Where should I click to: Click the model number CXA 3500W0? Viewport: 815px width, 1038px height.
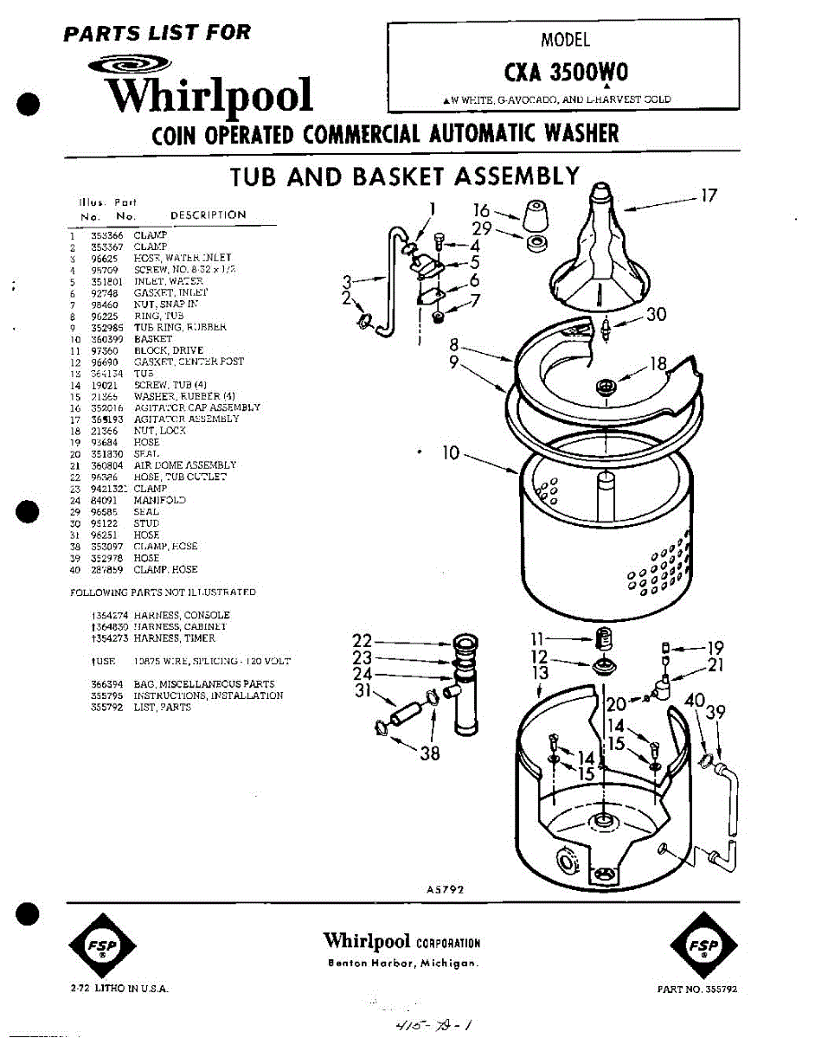566,71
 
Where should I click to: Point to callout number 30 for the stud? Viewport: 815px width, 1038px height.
656,314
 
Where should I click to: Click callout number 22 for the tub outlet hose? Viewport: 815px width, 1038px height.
363,641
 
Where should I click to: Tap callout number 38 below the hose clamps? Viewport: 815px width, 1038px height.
429,753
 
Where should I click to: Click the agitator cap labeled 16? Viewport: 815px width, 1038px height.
535,213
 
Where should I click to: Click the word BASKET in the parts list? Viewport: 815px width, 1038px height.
152,339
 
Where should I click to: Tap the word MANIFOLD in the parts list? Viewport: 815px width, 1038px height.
159,500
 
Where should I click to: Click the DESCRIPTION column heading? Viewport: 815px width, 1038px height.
208,215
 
